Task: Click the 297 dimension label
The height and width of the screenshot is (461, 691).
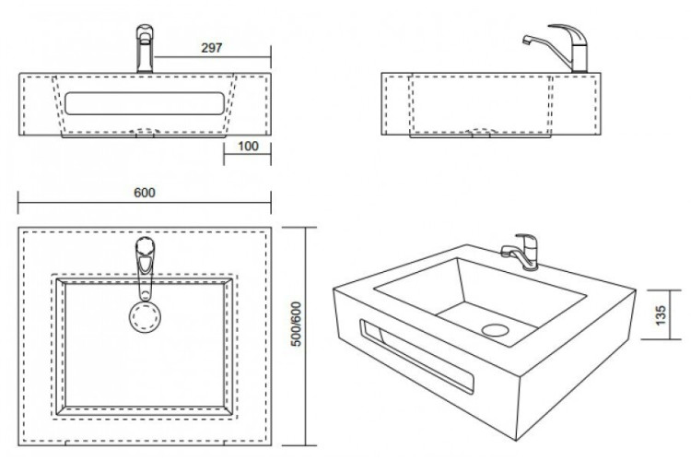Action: pyautogui.click(x=212, y=48)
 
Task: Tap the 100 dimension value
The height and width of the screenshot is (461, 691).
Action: pyautogui.click(x=248, y=146)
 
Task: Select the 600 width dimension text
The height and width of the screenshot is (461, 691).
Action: pyautogui.click(x=145, y=193)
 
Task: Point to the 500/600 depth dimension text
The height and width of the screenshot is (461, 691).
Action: pyautogui.click(x=297, y=324)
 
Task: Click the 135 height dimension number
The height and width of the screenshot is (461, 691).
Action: pyautogui.click(x=661, y=315)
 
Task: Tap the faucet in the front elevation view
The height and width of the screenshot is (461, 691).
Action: pyautogui.click(x=145, y=49)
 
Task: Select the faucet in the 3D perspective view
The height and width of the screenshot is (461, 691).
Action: pyautogui.click(x=520, y=252)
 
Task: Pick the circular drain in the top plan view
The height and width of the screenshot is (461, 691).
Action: pyautogui.click(x=145, y=317)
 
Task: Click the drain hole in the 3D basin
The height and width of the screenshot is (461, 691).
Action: pyautogui.click(x=496, y=330)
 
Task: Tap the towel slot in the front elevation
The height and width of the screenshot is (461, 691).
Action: pyautogui.click(x=145, y=103)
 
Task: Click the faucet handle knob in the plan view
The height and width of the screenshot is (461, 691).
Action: pyautogui.click(x=145, y=245)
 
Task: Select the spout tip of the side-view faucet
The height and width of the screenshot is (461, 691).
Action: pyautogui.click(x=526, y=41)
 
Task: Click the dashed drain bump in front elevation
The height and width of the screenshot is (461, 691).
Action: pyautogui.click(x=145, y=132)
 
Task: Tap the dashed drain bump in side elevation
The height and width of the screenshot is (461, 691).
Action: pyautogui.click(x=480, y=132)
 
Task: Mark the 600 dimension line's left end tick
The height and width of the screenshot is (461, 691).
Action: pyautogui.click(x=18, y=203)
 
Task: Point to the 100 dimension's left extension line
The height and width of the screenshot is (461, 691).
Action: pyautogui.click(x=224, y=150)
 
